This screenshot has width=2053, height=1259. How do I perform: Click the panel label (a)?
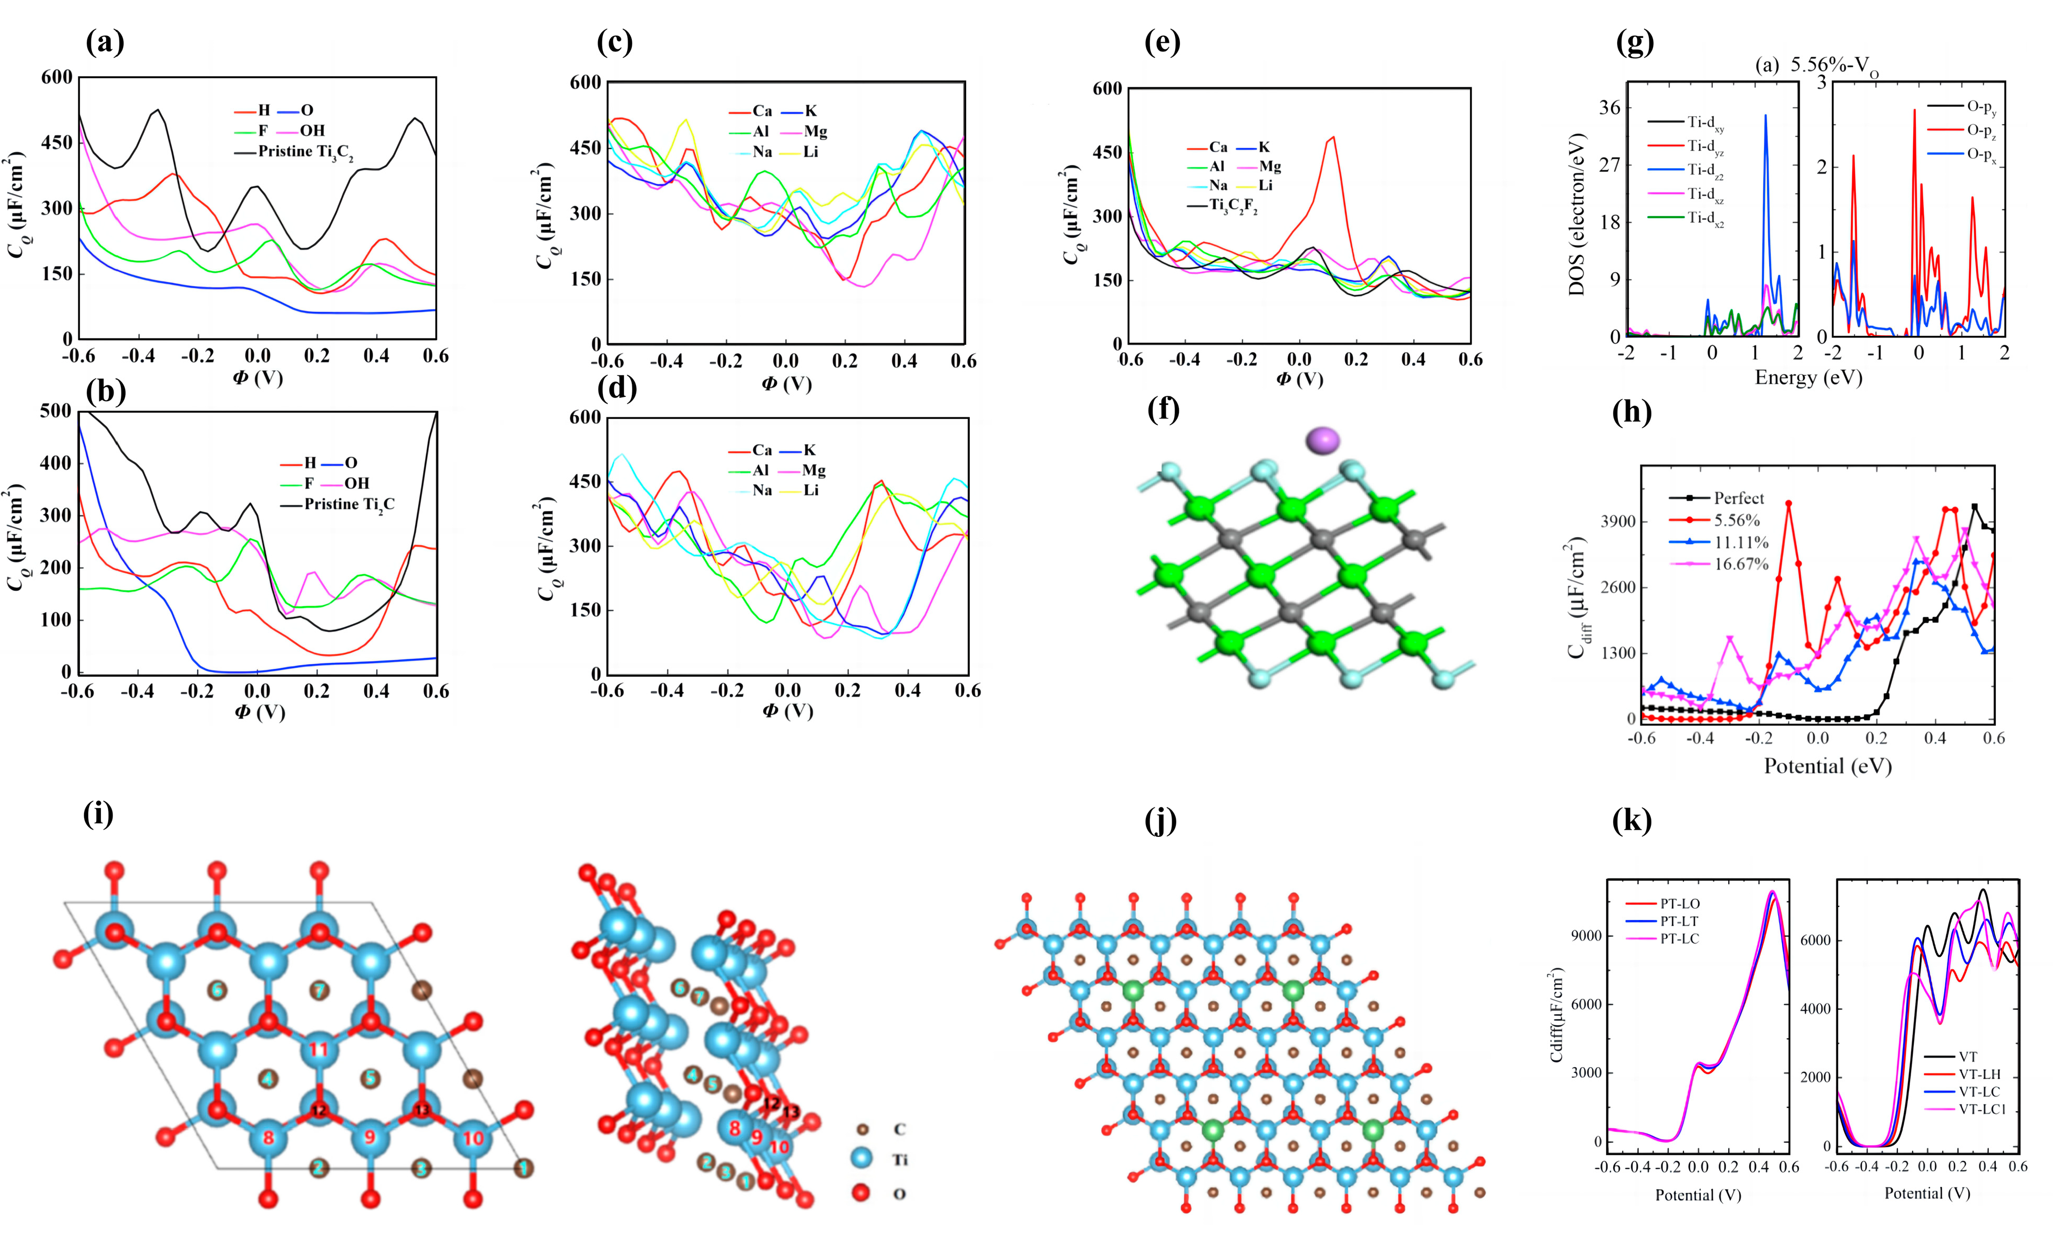coord(105,42)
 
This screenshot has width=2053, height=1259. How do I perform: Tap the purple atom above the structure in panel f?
coord(1322,440)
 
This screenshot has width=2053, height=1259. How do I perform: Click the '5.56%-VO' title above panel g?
coord(1834,66)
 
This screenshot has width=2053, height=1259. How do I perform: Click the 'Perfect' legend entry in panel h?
coord(1738,498)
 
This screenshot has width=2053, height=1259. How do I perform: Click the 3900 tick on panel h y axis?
coord(1620,521)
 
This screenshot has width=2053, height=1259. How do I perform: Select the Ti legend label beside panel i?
coord(900,1159)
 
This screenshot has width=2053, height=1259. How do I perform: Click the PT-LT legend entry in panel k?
coord(1678,920)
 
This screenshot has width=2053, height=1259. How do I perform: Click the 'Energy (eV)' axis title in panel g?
coord(1808,377)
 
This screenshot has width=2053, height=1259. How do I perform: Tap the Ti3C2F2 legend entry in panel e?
coord(1233,205)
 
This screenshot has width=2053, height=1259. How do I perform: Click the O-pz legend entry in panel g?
coord(1982,130)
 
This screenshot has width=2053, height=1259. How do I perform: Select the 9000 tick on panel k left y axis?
coord(1586,936)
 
